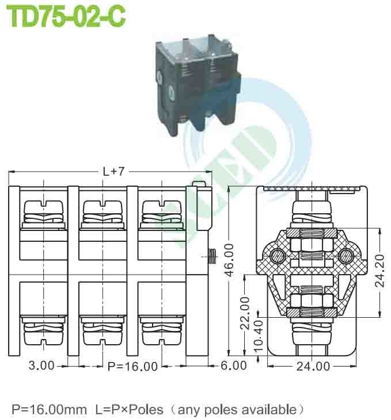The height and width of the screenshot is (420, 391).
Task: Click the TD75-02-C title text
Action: (x=66, y=17)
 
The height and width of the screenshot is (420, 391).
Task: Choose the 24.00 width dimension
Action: (x=313, y=365)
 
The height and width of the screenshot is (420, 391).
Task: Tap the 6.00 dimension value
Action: (x=234, y=365)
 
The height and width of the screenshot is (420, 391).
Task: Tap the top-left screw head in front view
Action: (x=43, y=206)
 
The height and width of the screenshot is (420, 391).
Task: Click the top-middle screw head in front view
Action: (x=102, y=206)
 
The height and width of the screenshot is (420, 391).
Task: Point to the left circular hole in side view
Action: (x=278, y=255)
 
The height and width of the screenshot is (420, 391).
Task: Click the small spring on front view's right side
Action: (x=211, y=253)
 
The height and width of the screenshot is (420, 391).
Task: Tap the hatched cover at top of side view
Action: (x=312, y=188)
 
